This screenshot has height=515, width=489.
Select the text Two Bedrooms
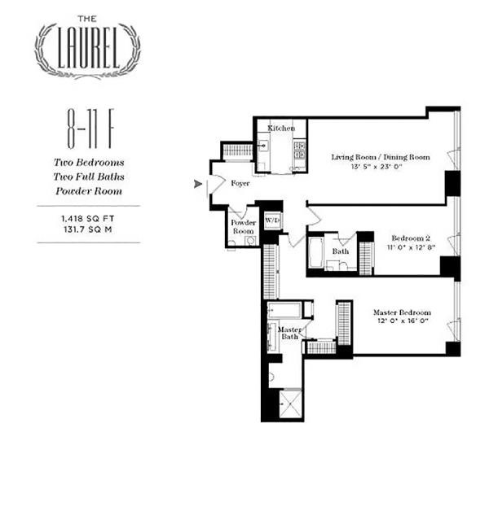88,162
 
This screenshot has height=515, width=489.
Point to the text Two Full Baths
88,177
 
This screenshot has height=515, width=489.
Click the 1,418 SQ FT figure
88,219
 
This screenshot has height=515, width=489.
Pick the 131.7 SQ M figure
88,230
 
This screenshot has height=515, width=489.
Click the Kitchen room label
281,129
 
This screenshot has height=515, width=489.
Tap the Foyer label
240,184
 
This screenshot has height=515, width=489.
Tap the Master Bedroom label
402,312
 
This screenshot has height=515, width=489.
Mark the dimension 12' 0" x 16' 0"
402,322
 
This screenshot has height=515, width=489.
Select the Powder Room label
243,227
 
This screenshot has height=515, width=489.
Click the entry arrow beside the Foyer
197,185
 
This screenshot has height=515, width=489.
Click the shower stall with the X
290,404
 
